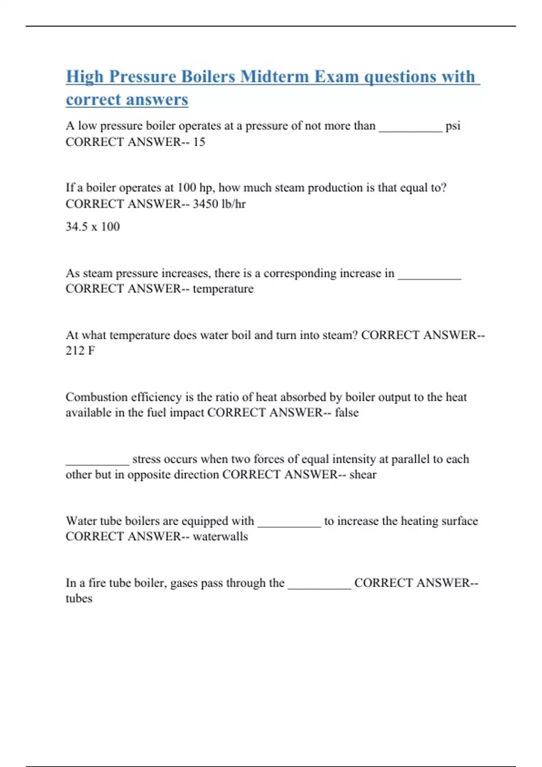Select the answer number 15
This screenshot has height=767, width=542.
tap(199, 142)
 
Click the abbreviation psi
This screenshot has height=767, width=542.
tap(453, 126)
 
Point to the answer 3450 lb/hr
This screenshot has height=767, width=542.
tap(219, 204)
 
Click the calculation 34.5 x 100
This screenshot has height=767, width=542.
tap(93, 226)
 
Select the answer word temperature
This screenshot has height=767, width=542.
tap(223, 289)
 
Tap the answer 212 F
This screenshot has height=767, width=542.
tap(80, 351)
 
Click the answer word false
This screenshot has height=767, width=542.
tap(346, 413)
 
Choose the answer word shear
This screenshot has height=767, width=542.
tap(363, 475)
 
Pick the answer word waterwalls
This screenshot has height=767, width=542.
tap(220, 536)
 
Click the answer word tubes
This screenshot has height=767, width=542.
tap(79, 599)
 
